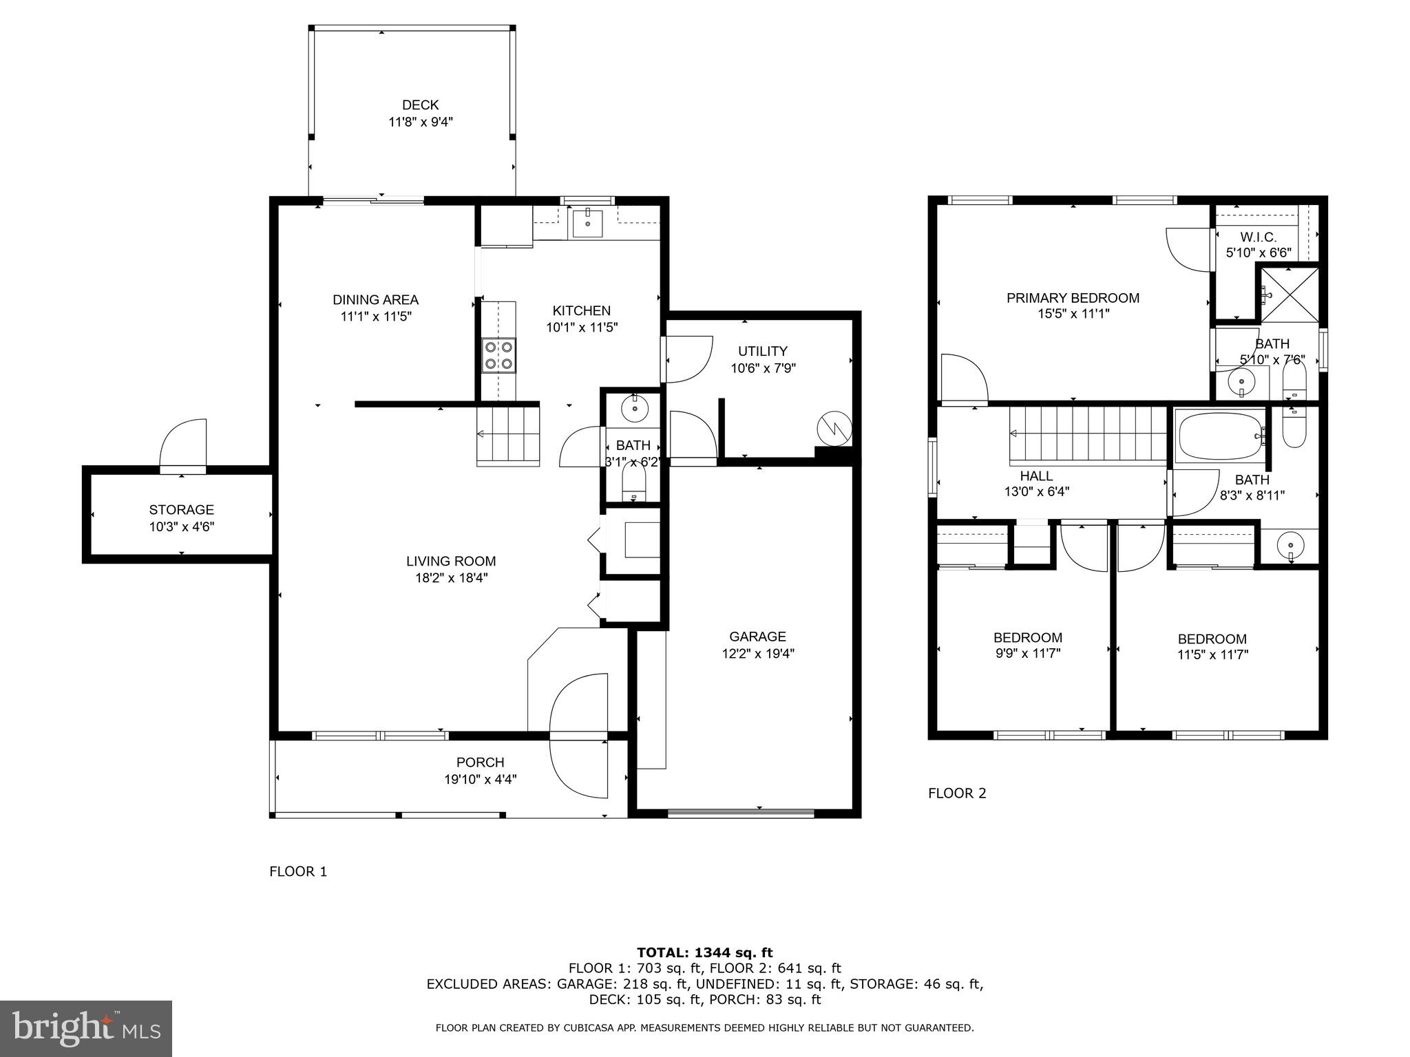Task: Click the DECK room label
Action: (x=420, y=105)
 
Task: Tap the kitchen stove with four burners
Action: (x=499, y=355)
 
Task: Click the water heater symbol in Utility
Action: (x=834, y=429)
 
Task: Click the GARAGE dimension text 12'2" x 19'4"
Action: (x=758, y=654)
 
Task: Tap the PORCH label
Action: (x=480, y=762)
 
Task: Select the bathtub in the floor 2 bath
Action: (x=1220, y=436)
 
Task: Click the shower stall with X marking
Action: (x=1288, y=295)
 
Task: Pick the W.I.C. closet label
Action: (x=1258, y=237)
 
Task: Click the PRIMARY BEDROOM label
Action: (x=1073, y=298)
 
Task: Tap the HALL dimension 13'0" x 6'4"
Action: (x=1036, y=492)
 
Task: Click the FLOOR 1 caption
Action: (x=298, y=872)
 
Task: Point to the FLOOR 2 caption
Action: (x=957, y=793)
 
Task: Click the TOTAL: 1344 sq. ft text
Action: (x=704, y=953)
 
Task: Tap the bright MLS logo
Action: (x=86, y=1029)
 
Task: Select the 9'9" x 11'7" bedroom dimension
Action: (x=1027, y=654)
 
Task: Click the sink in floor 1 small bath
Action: (x=634, y=409)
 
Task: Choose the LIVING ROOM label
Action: (x=451, y=562)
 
